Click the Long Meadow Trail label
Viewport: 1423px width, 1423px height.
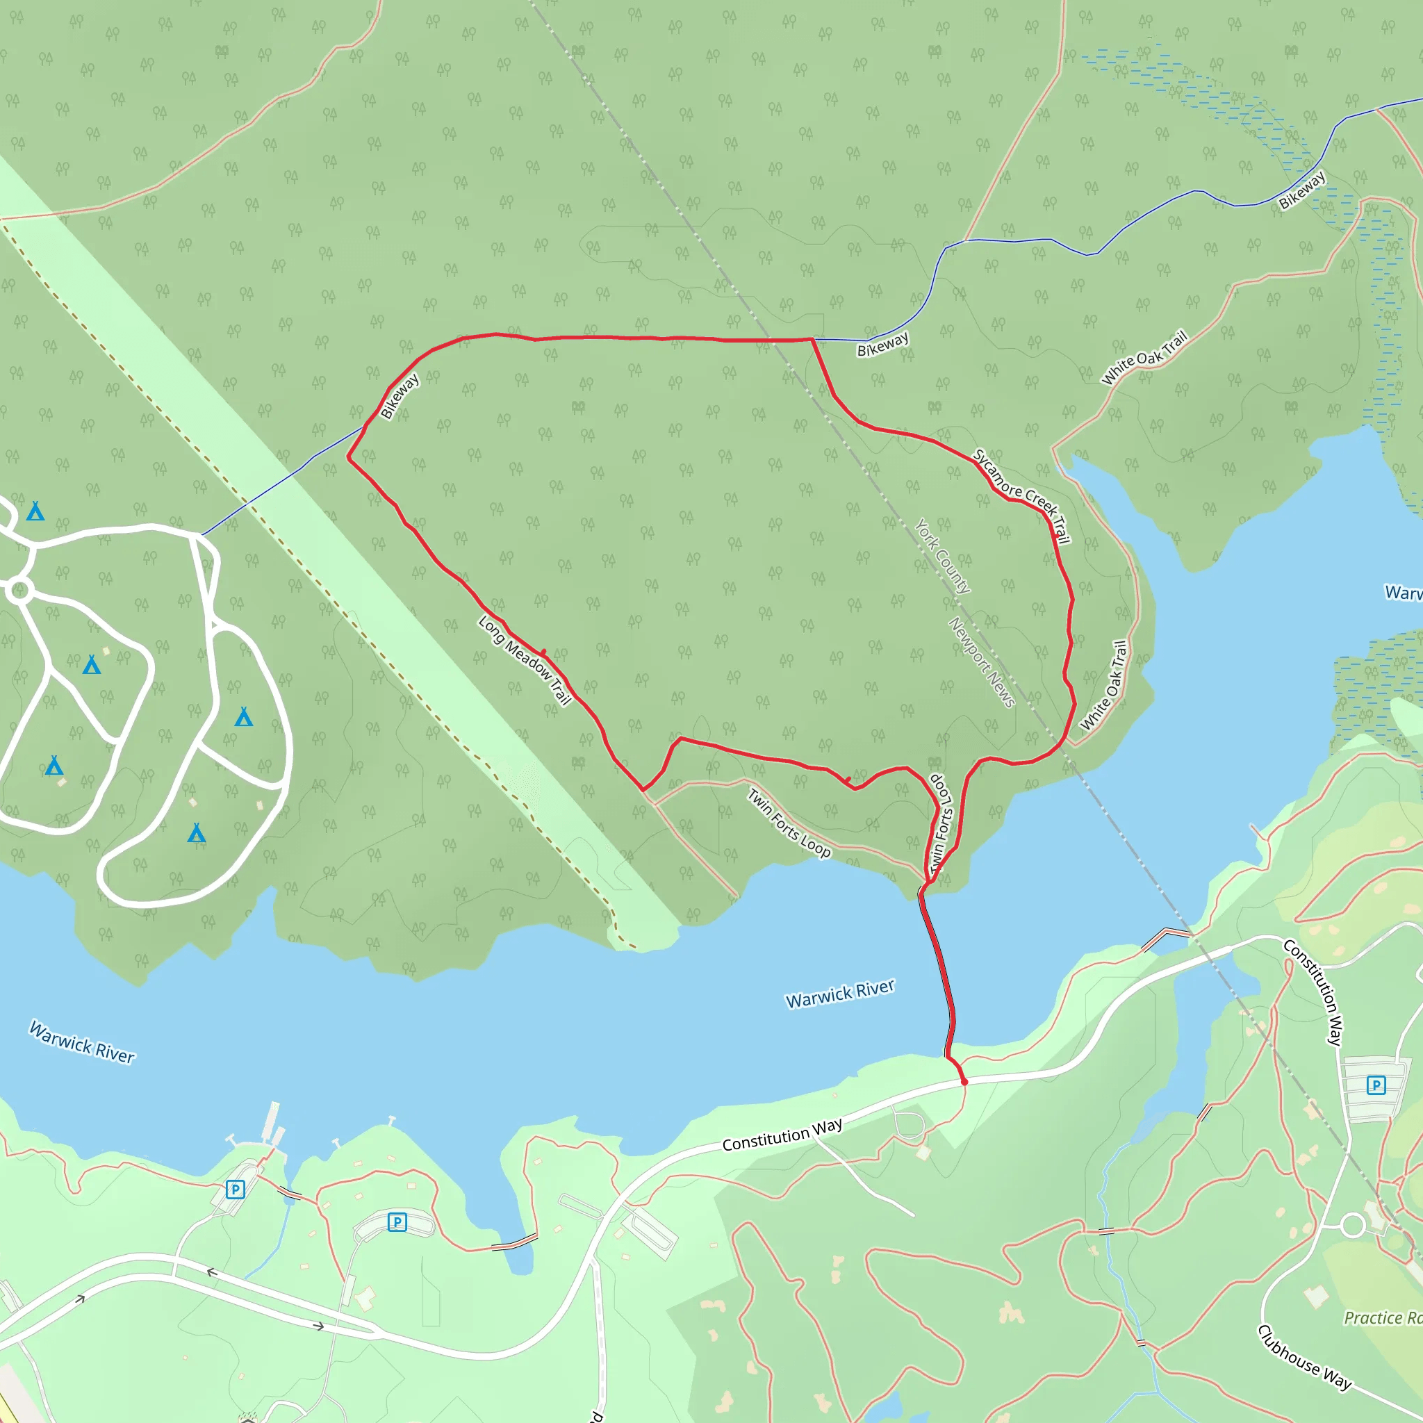525,660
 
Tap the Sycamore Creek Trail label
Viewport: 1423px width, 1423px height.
1021,495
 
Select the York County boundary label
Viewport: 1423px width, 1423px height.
943,556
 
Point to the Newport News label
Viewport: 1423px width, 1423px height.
981,662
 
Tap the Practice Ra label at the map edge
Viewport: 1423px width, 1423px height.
1382,1317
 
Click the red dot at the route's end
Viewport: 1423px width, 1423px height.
964,1082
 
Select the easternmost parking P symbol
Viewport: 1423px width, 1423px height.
1376,1085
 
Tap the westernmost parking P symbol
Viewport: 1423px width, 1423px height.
235,1190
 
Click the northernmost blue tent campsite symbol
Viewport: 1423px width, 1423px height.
35,511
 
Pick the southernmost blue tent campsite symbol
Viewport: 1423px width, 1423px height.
196,833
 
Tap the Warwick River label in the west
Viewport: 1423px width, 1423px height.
82,1042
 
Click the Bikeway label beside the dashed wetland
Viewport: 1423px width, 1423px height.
1302,190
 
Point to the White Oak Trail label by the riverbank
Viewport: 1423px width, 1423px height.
1103,685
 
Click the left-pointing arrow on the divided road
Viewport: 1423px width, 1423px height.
211,1273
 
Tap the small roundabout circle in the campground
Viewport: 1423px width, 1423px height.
20,590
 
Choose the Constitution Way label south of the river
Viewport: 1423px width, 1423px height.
782,1135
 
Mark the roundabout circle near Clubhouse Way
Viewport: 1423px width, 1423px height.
1352,1226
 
